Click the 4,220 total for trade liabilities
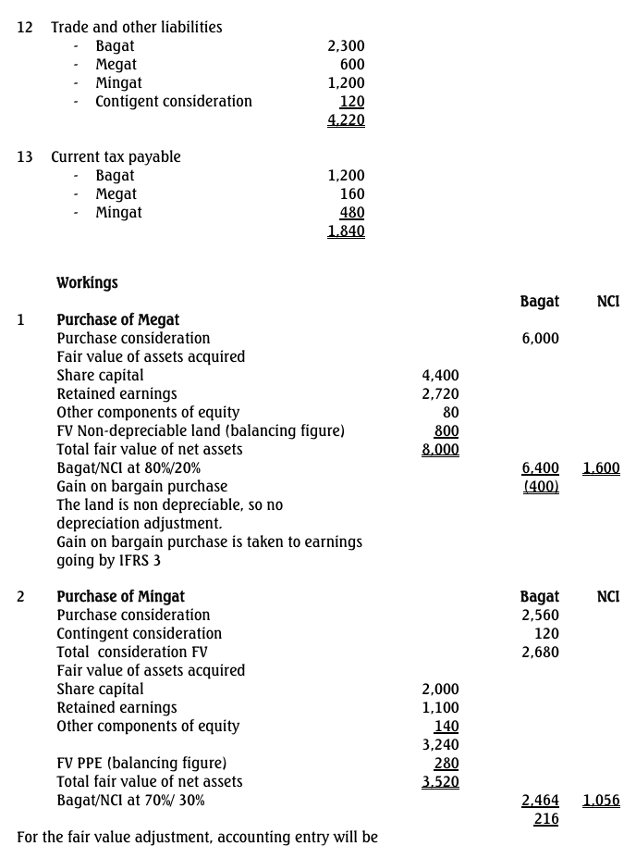tap(347, 120)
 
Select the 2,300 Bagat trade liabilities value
tap(347, 46)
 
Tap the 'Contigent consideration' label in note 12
tap(174, 102)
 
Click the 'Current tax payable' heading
tap(116, 157)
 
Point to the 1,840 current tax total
tap(347, 231)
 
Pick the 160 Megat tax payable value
tap(352, 194)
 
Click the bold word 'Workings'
tap(87, 282)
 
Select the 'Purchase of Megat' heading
tap(118, 320)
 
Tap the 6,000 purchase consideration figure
tap(541, 339)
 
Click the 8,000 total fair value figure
tap(440, 450)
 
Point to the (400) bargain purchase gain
tap(541, 487)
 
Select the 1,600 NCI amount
tap(602, 468)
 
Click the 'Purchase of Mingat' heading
tap(121, 597)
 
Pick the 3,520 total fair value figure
tap(440, 782)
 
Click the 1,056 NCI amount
tap(602, 801)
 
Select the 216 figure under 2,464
tap(546, 819)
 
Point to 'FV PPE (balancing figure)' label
tap(141, 764)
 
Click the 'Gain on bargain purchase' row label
tap(141, 487)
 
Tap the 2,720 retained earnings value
tap(440, 394)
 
